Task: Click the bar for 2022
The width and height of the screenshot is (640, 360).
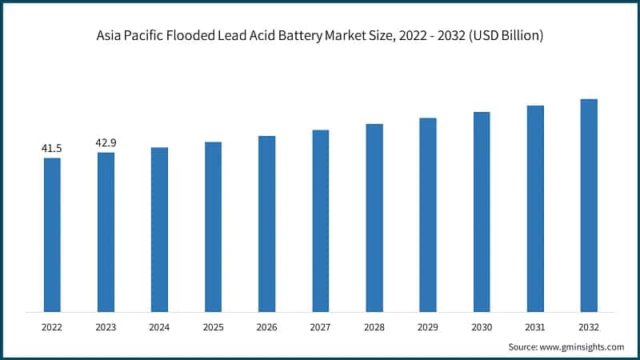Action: (52, 234)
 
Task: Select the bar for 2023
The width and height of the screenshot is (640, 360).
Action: (106, 232)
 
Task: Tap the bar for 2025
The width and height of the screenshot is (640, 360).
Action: (213, 226)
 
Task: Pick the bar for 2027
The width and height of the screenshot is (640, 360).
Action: (321, 221)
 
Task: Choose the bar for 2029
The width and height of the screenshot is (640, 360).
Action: (428, 214)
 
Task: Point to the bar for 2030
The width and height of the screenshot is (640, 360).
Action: (482, 211)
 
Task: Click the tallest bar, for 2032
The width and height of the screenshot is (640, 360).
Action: (589, 205)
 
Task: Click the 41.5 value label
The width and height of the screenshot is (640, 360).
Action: (52, 149)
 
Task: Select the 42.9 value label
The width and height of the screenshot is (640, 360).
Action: (106, 143)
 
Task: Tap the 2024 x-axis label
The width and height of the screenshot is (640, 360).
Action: (159, 327)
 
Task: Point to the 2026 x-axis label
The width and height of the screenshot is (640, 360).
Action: (266, 327)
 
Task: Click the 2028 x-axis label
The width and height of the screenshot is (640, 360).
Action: (374, 327)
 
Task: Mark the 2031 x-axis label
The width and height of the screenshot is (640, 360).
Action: (535, 327)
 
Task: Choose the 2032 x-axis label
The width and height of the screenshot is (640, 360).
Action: (589, 327)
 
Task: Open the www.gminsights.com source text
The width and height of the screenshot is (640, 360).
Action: (582, 347)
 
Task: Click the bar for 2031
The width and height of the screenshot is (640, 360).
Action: (535, 208)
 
